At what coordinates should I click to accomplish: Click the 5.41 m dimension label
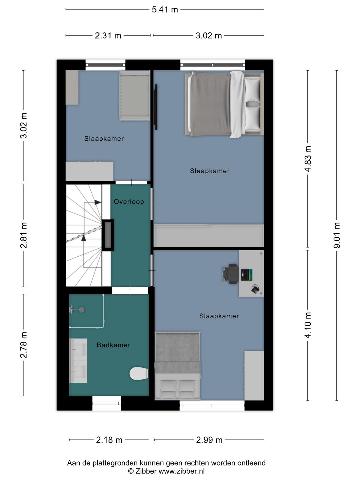click(x=165, y=10)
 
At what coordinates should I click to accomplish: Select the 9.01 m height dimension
click(x=337, y=235)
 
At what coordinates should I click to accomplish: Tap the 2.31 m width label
click(x=108, y=35)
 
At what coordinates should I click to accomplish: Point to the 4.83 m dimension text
click(x=308, y=159)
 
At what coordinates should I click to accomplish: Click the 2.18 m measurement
click(x=109, y=440)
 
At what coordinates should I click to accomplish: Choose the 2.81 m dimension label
click(x=23, y=235)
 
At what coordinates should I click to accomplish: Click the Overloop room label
click(x=129, y=202)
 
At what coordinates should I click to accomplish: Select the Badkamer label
click(x=113, y=345)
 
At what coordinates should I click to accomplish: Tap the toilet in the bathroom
click(x=139, y=373)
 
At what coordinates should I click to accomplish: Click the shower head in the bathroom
click(x=81, y=310)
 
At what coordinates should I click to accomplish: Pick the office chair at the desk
click(x=231, y=274)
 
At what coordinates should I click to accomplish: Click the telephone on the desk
click(x=255, y=289)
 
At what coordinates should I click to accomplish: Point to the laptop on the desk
click(x=247, y=275)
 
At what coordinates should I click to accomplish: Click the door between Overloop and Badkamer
click(x=130, y=290)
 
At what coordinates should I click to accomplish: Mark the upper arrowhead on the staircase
click(x=98, y=202)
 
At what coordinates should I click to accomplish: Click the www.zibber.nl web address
click(x=182, y=471)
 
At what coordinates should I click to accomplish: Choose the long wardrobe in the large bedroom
click(x=209, y=236)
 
